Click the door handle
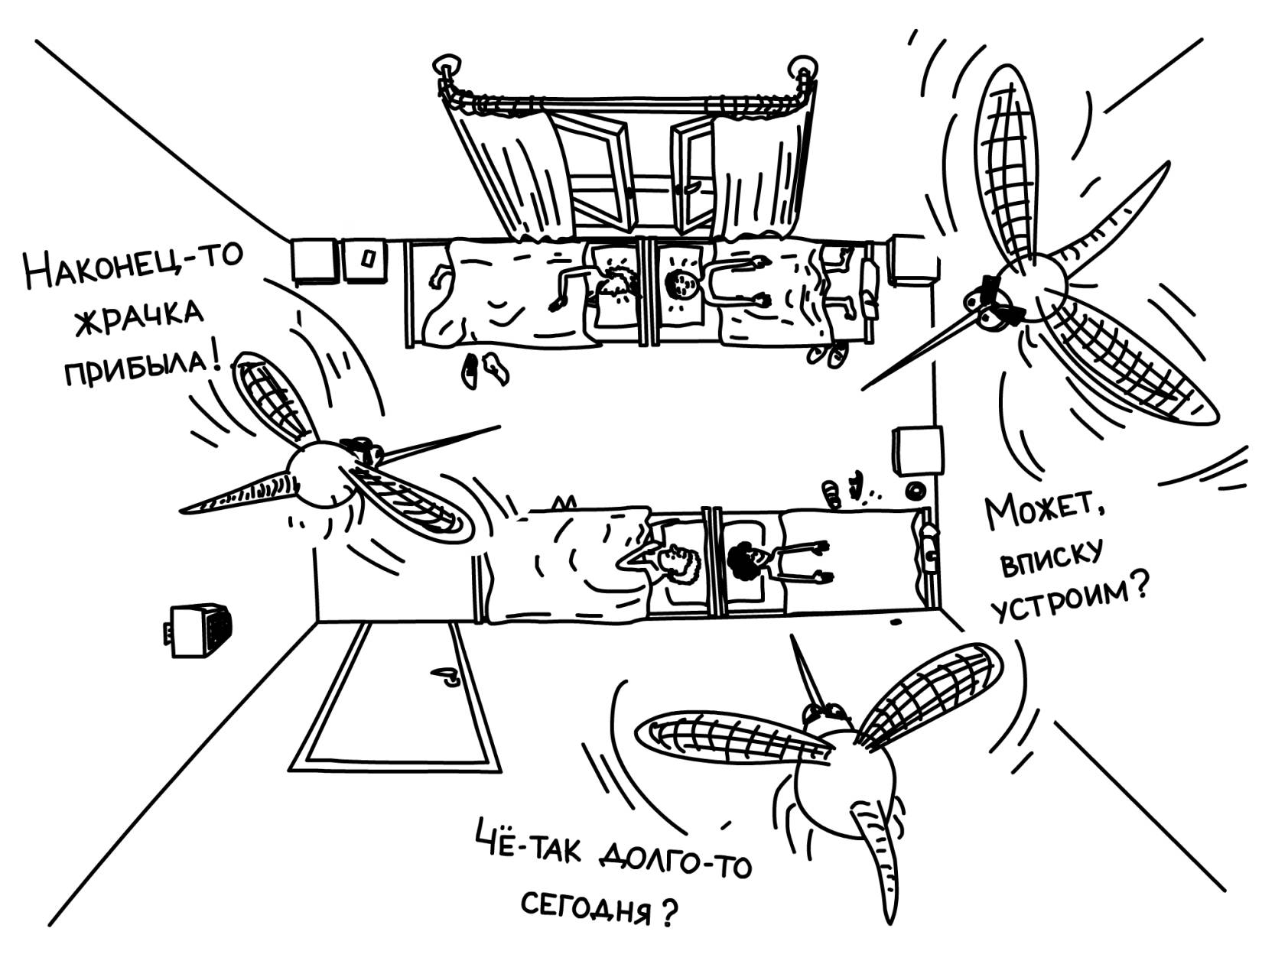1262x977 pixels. pyautogui.click(x=446, y=676)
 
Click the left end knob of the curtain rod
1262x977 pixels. pyautogui.click(x=447, y=64)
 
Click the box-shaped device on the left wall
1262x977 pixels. pyautogui.click(x=200, y=630)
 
